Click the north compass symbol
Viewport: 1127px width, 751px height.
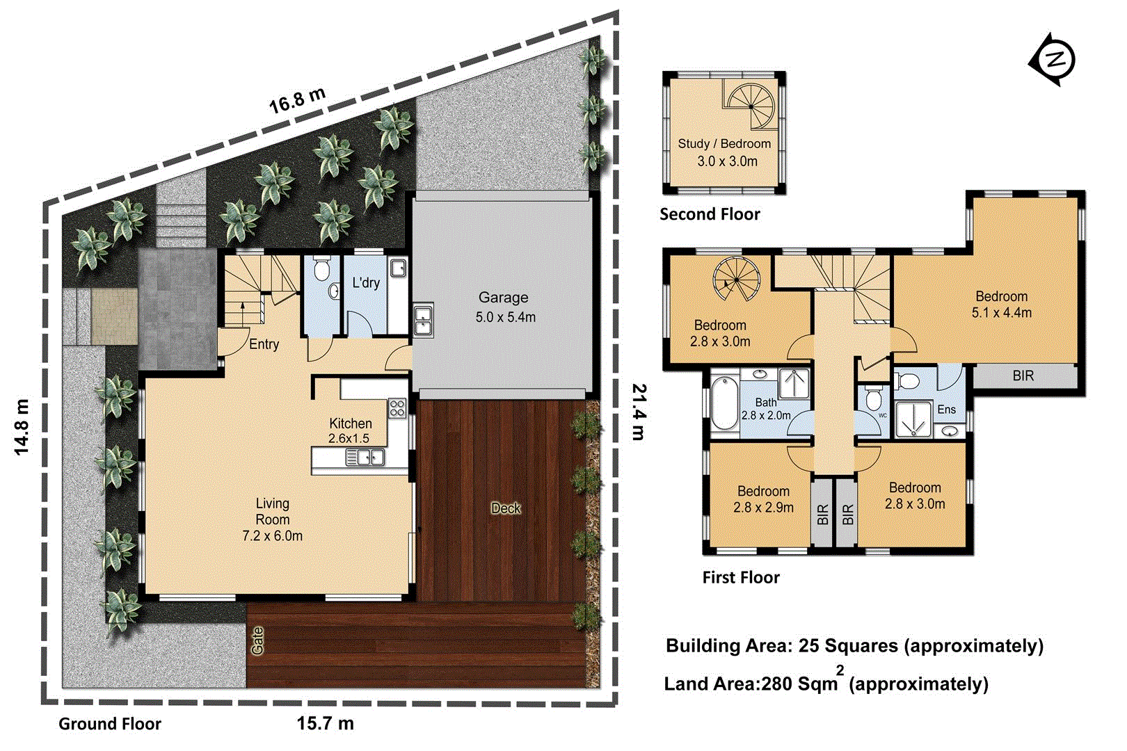point(1054,59)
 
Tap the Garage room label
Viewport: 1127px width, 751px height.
point(504,307)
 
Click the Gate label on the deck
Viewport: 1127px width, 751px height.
point(257,640)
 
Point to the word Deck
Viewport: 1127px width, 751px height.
point(505,508)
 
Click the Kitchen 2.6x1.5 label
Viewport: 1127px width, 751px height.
point(350,430)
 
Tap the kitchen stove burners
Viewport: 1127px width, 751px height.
point(397,407)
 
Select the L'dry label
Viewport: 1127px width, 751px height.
point(366,282)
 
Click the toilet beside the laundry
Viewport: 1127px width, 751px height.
point(321,270)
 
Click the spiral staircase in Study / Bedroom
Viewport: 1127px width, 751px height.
point(751,104)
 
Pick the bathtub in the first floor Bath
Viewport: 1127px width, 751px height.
point(724,403)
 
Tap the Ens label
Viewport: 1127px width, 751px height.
point(946,410)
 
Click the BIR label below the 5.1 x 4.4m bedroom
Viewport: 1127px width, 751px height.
point(1023,376)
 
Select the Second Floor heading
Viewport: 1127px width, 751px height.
point(710,214)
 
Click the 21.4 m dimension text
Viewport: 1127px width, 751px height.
point(637,412)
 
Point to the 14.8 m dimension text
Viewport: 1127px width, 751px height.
point(23,427)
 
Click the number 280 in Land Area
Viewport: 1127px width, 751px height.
point(777,684)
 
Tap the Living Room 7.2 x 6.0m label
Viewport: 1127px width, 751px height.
point(272,519)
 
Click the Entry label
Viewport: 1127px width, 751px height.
point(264,344)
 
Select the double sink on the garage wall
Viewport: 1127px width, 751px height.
point(423,320)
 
